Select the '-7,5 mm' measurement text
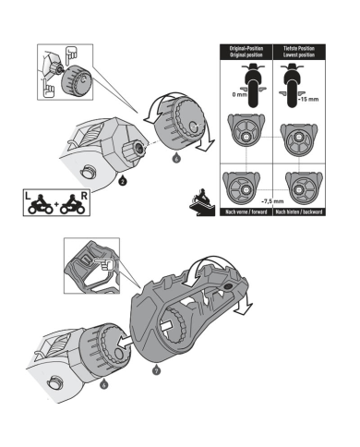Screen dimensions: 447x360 (272, 199)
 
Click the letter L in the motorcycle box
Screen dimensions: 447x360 (30, 195)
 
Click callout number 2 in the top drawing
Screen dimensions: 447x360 (123, 182)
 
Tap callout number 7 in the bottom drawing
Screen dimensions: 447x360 (155, 369)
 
